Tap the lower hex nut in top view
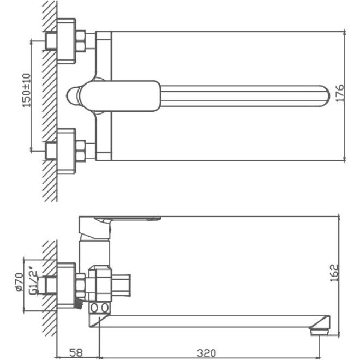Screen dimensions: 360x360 [x=81, y=151]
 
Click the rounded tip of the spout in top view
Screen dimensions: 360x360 [x=325, y=95]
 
